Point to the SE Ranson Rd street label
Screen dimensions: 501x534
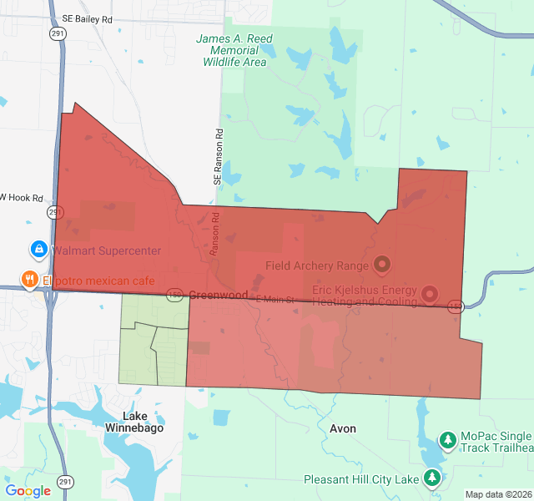click(218, 156)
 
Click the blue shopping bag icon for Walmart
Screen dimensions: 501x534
click(38, 249)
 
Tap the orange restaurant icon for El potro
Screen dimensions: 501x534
click(29, 280)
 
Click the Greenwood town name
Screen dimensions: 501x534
click(218, 295)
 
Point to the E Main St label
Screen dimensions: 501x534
click(275, 299)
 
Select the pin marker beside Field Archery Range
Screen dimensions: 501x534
click(382, 266)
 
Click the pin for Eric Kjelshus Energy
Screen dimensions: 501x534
click(429, 293)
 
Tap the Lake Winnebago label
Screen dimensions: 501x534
click(134, 422)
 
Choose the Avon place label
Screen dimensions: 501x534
click(343, 428)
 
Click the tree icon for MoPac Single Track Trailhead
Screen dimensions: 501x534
click(448, 439)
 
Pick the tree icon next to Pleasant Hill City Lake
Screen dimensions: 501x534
click(432, 478)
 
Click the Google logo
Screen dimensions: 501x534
click(28, 491)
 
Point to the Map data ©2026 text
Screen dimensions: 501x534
click(497, 494)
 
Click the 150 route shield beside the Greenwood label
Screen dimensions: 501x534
click(174, 294)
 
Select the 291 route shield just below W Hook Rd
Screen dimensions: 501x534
click(53, 214)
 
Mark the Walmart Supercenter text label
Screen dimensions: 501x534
click(106, 250)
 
